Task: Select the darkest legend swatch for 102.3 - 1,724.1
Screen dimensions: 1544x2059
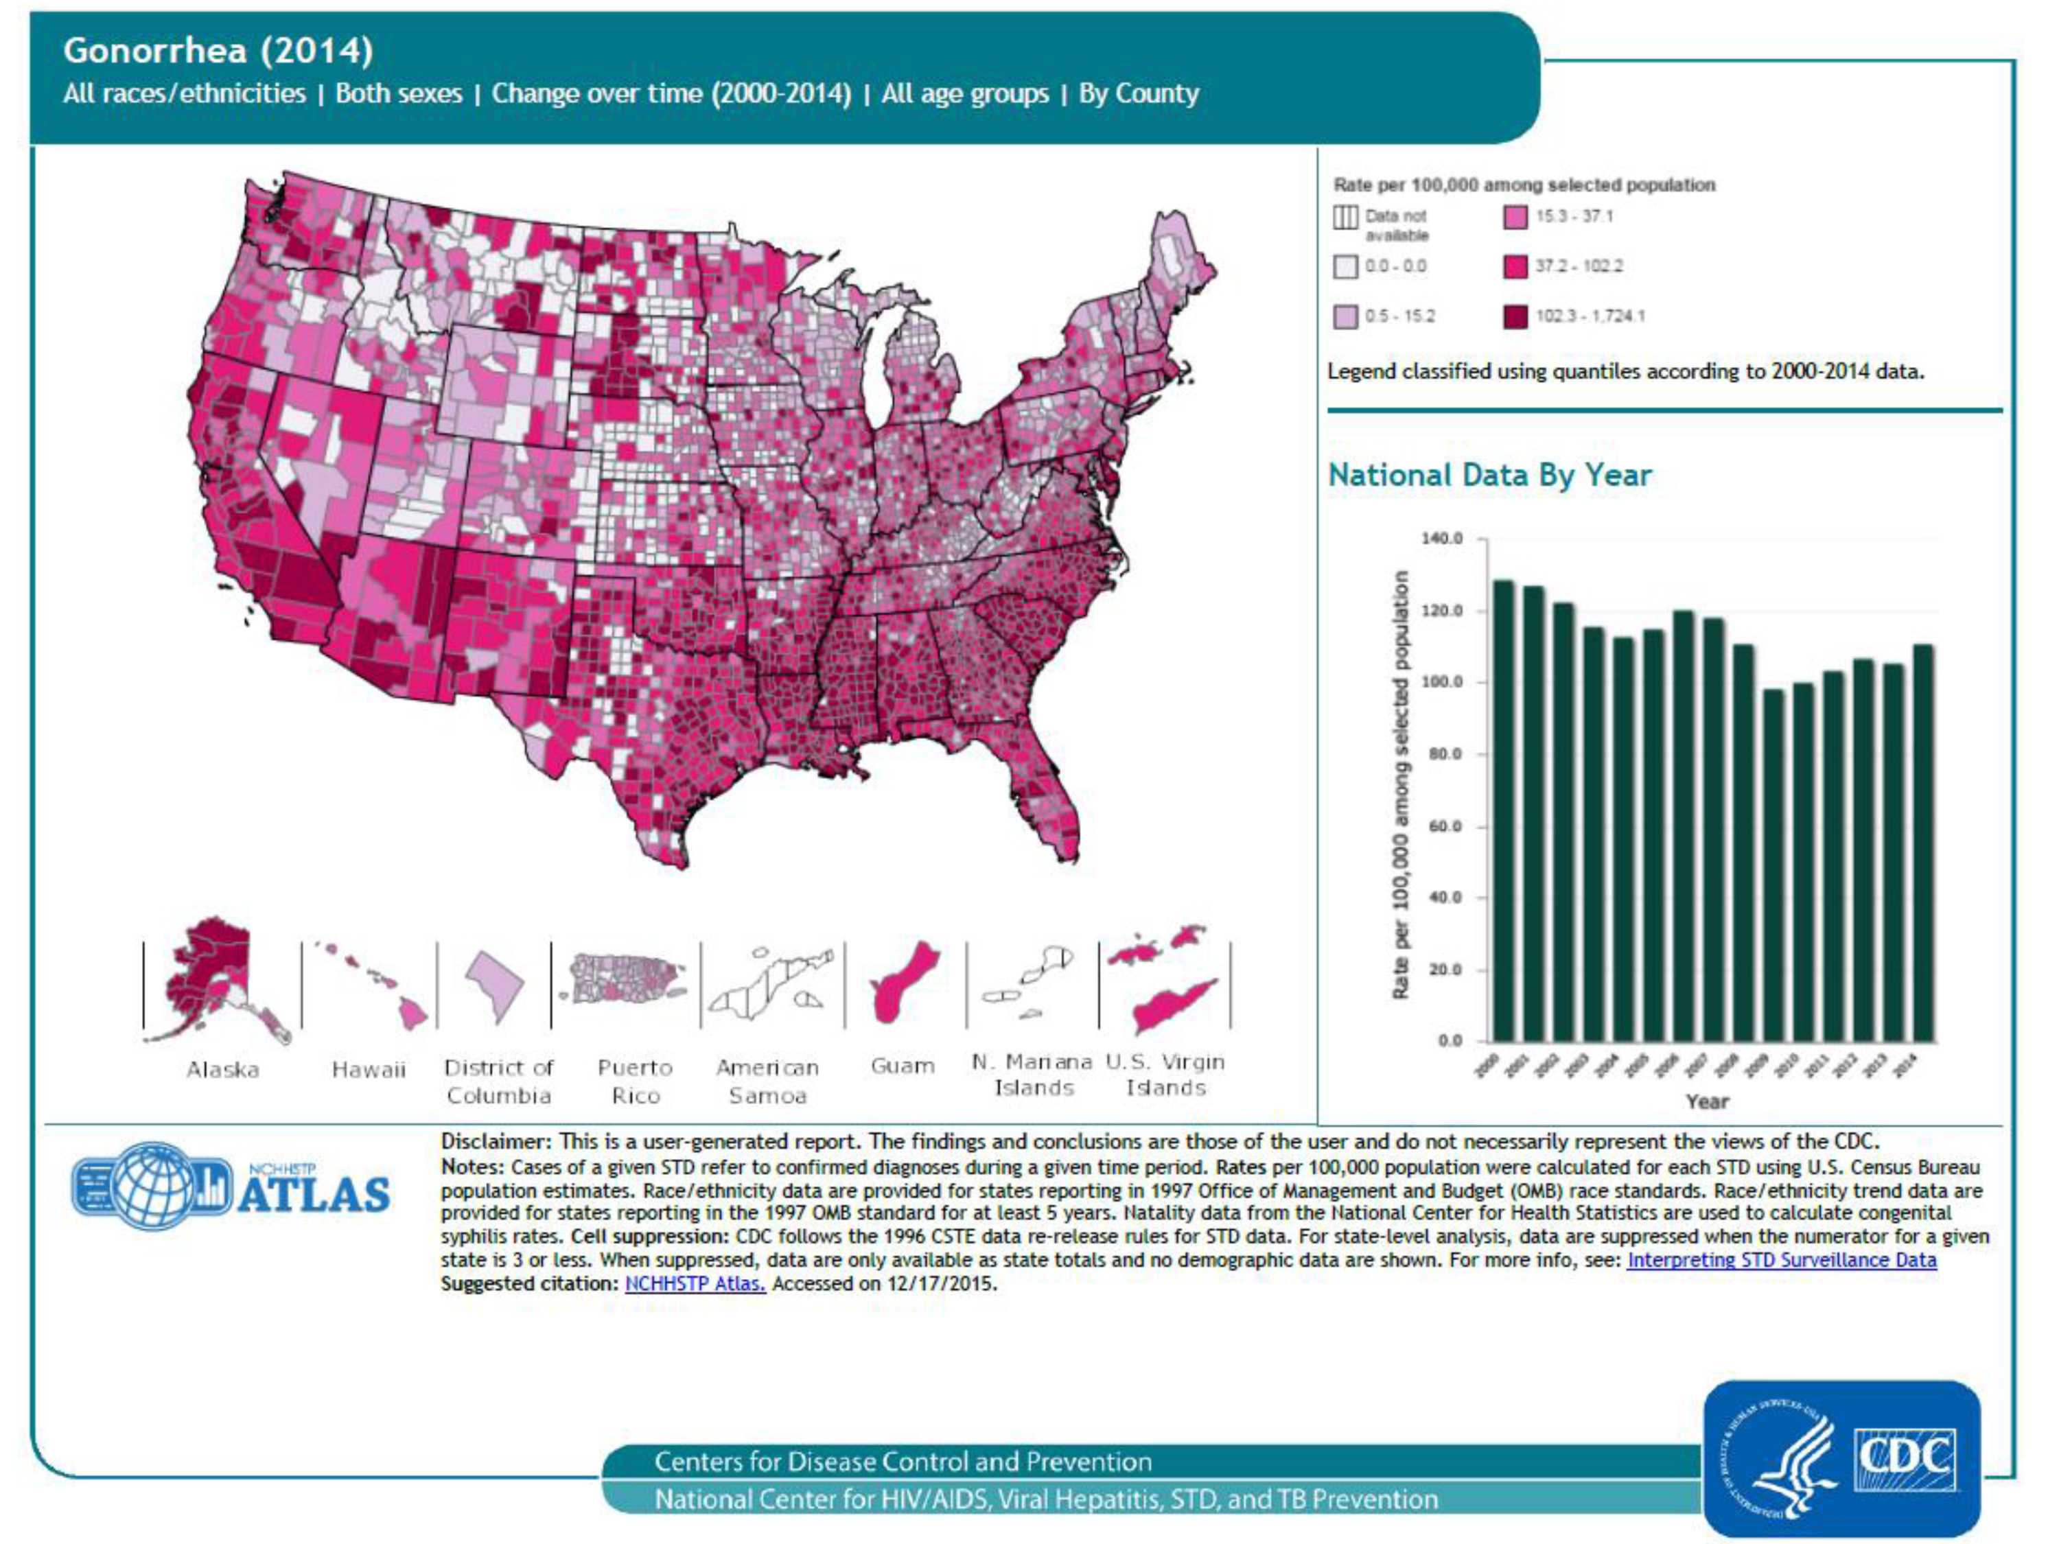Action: click(1515, 316)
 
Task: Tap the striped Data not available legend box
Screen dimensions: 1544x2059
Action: click(1345, 217)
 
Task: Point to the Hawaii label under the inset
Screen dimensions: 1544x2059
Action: click(369, 1069)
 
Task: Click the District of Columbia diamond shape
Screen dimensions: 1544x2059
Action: click(493, 985)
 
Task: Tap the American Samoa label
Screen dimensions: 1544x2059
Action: click(767, 1081)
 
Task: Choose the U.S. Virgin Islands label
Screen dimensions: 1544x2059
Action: click(1165, 1075)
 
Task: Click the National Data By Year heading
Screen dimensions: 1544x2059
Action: click(1489, 475)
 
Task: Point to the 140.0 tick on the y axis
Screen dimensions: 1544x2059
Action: click(1442, 539)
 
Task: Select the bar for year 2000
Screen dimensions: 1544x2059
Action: click(1502, 810)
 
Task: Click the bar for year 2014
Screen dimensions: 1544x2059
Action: click(1923, 842)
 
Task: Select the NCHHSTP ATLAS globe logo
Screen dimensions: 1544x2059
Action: click(154, 1186)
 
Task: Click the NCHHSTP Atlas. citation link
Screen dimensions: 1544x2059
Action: click(695, 1283)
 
